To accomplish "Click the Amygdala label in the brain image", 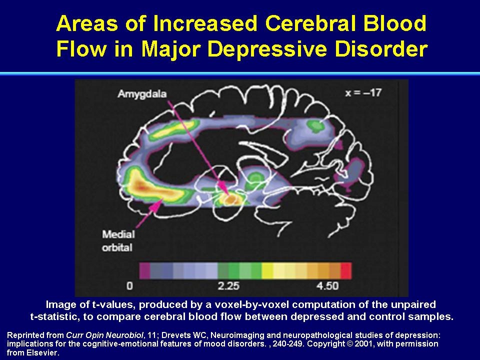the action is [x=142, y=94].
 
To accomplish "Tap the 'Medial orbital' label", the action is [x=118, y=241].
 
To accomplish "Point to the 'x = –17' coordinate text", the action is [x=363, y=92].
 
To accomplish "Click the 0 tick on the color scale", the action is [x=130, y=286].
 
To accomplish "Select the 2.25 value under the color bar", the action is [x=228, y=286].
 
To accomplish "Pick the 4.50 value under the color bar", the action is [x=327, y=286].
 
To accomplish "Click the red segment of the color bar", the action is [x=346, y=270].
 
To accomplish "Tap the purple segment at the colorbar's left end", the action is [x=145, y=270].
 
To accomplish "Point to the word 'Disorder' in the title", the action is [x=381, y=49].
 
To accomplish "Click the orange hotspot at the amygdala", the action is [x=231, y=198].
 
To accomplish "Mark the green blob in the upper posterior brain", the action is [x=315, y=125].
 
